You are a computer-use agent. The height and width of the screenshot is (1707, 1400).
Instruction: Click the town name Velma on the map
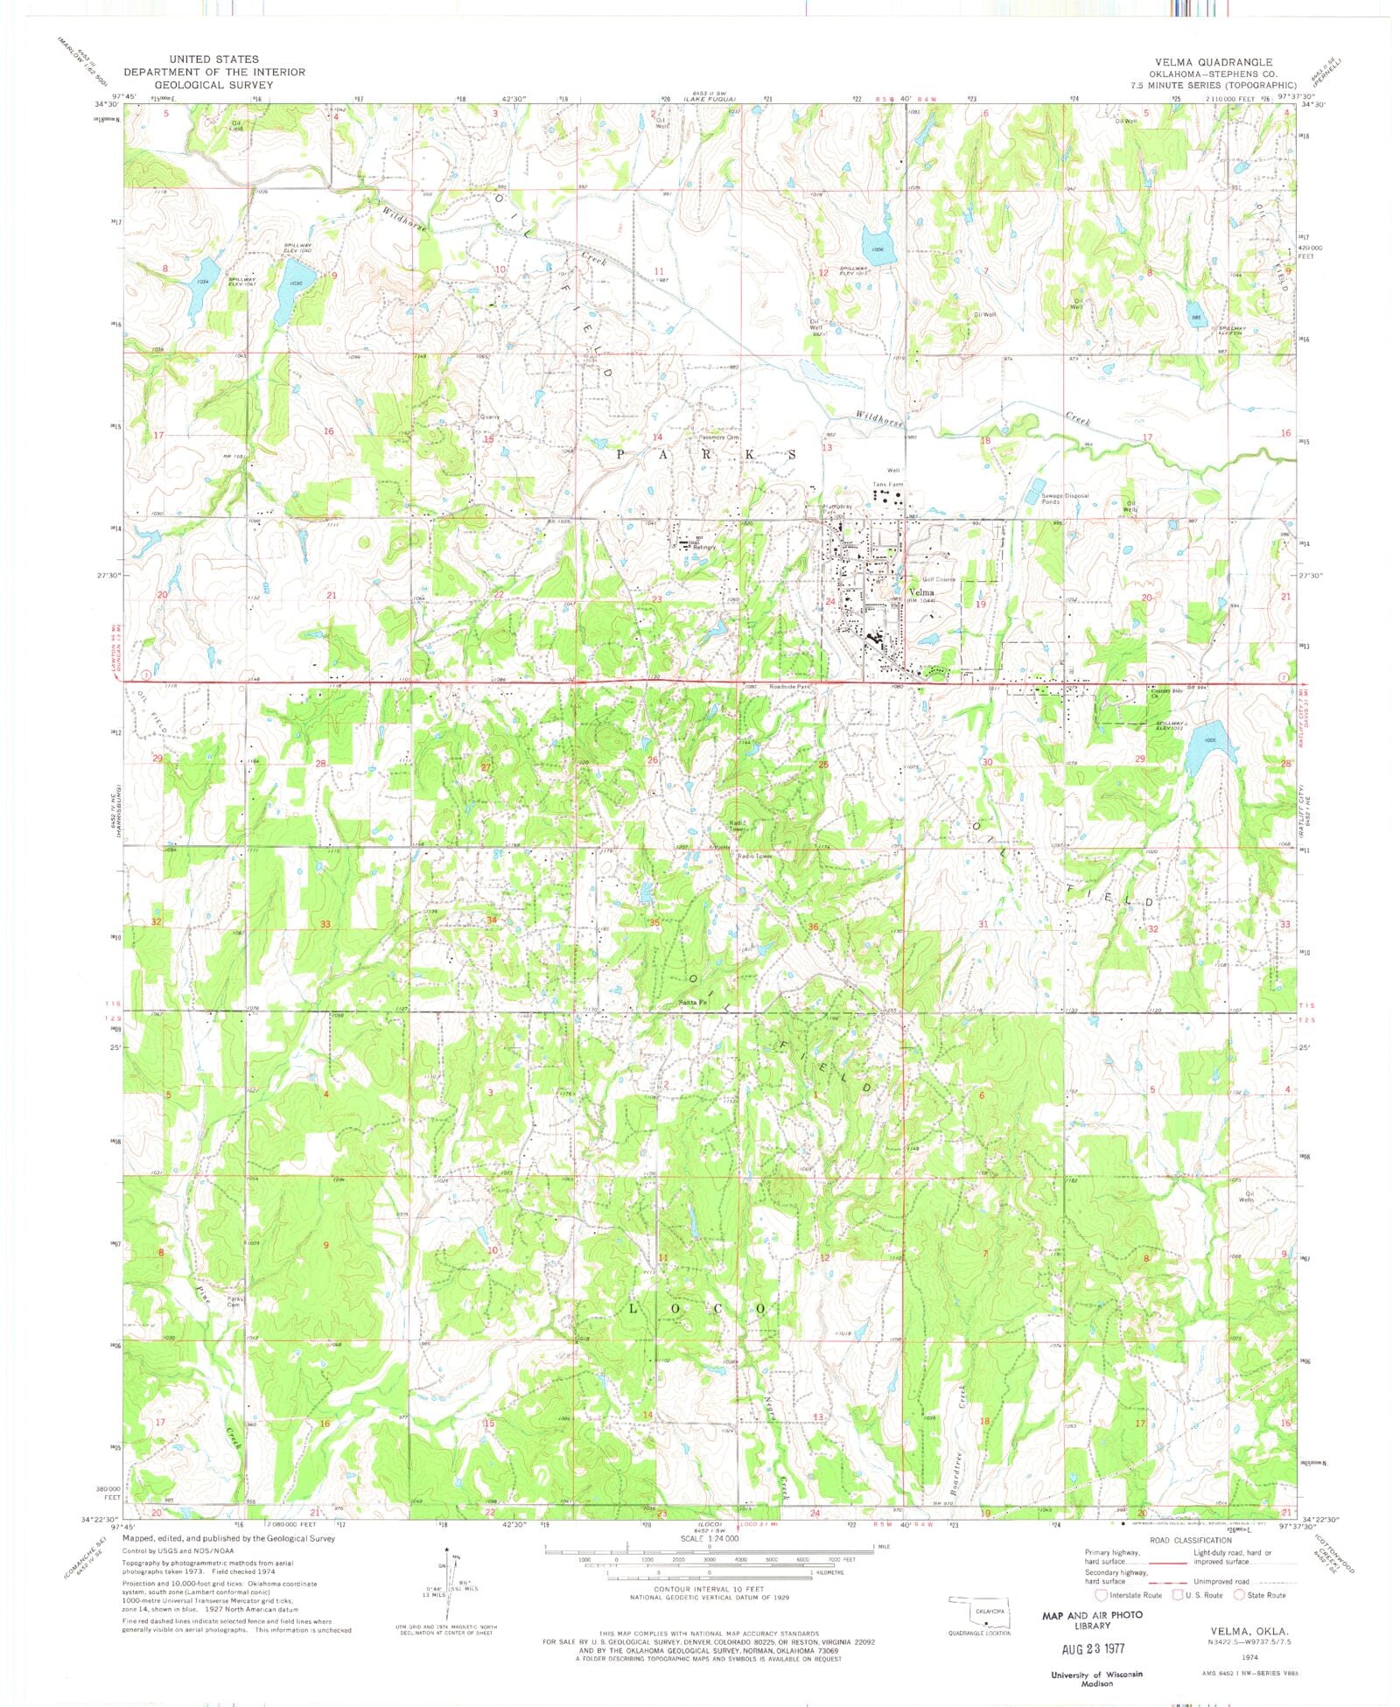[921, 592]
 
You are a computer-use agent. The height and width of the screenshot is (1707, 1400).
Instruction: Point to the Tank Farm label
[885, 484]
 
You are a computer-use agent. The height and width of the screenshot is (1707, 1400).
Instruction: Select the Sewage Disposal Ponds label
[1064, 499]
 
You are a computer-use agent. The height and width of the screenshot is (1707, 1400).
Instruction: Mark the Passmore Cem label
[719, 437]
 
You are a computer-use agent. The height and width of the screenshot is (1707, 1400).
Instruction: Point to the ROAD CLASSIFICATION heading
[1188, 1540]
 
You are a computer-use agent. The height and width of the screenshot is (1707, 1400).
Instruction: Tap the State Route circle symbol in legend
[1239, 1594]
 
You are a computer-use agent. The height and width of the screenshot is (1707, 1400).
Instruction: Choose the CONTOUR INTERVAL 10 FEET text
[709, 1589]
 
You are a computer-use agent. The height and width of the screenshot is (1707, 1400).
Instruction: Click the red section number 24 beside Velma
[829, 602]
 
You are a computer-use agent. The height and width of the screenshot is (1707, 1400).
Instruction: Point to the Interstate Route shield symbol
[1101, 1594]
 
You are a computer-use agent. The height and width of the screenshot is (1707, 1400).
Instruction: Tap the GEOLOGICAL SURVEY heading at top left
[213, 85]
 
